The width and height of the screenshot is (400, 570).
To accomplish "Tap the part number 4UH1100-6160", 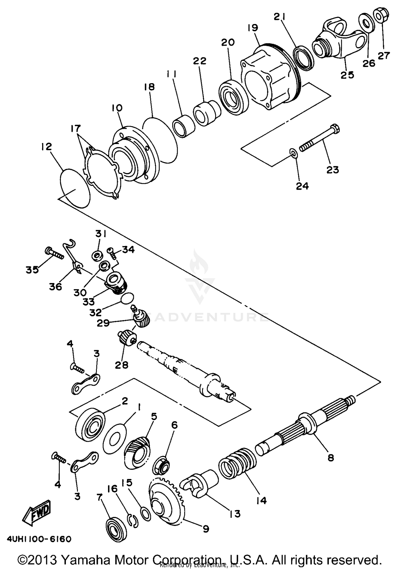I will tap(39, 539).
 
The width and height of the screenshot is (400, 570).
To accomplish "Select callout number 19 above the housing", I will tap(253, 28).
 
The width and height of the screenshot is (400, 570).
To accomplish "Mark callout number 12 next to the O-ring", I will tap(46, 147).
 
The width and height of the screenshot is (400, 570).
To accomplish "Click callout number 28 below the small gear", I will tap(122, 365).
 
